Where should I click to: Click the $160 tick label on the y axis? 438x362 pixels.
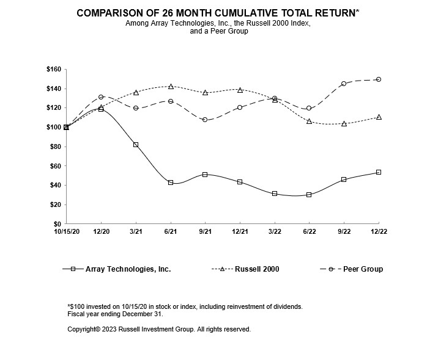(53, 70)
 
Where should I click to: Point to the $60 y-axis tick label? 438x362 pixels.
(54, 166)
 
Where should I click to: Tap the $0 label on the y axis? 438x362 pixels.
(57, 224)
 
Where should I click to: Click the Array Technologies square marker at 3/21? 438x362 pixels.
(136, 145)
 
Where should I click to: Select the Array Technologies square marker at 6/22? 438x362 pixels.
(309, 195)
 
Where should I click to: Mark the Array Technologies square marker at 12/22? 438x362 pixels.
(379, 172)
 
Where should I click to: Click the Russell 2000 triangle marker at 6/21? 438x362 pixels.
(171, 87)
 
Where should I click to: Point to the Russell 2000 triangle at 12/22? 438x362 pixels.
(379, 117)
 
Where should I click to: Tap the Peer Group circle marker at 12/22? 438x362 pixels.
(379, 79)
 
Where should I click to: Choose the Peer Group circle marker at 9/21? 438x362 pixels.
(205, 120)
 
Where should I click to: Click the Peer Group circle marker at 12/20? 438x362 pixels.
(101, 97)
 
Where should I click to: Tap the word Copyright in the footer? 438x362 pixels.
(84, 329)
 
